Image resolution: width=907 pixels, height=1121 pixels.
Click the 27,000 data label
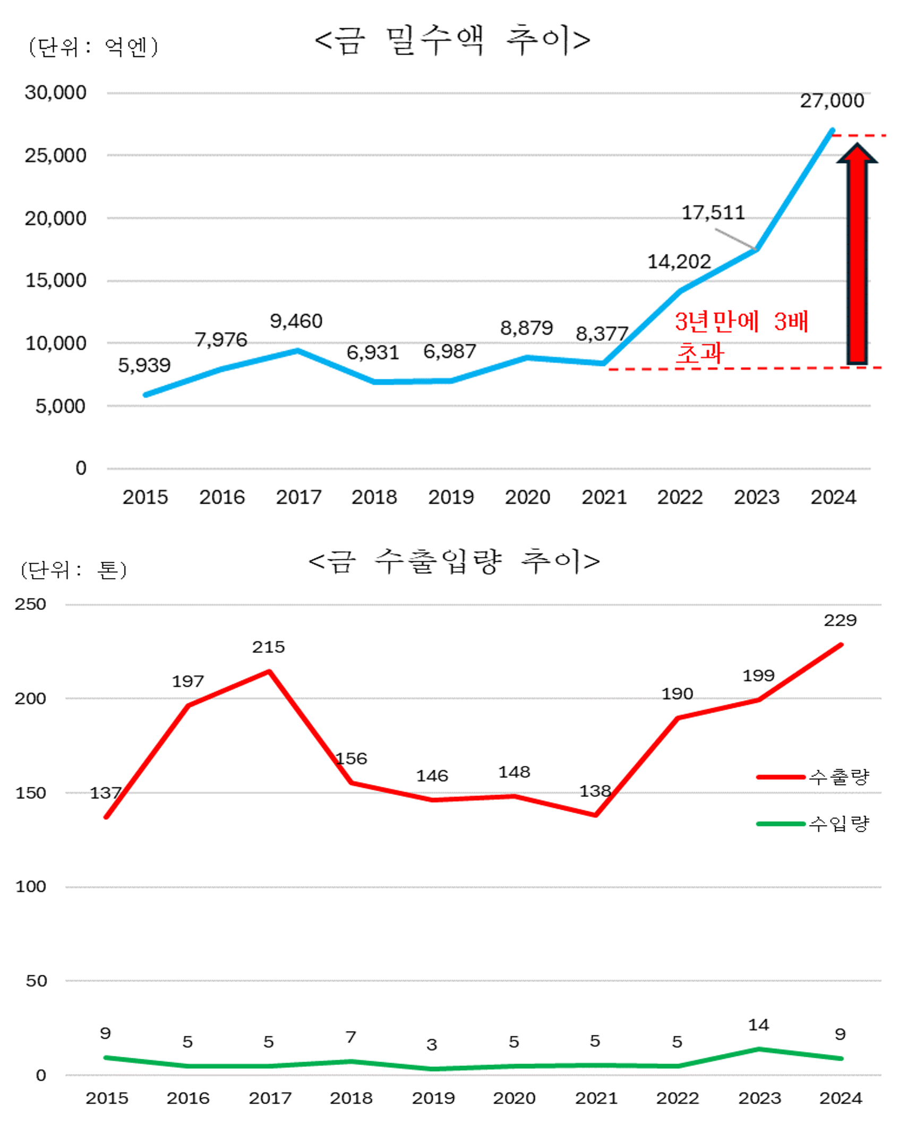[832, 100]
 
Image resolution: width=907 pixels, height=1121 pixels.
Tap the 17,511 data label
[713, 213]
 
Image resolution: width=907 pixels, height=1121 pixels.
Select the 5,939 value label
[144, 365]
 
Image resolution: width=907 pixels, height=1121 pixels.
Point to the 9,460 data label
[296, 321]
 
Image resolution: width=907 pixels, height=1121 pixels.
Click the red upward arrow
[857, 255]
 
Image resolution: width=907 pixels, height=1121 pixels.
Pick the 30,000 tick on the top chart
[55, 92]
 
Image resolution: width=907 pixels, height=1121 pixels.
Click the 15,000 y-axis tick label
[55, 280]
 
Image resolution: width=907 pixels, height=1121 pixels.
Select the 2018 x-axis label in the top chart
[374, 497]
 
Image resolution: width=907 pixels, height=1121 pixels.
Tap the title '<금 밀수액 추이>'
[452, 40]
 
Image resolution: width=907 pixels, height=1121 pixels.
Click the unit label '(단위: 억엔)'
[93, 47]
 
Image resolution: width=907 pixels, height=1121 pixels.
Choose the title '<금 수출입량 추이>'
[454, 561]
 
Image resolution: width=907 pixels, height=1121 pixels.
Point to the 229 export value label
[840, 620]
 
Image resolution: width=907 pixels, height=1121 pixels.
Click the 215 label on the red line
[268, 647]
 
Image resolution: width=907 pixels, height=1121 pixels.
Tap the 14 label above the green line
[758, 1024]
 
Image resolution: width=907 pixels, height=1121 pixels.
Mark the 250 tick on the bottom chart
[30, 604]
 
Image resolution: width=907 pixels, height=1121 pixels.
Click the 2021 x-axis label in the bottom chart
[596, 1098]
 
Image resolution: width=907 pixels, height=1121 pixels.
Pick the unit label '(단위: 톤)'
[74, 570]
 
